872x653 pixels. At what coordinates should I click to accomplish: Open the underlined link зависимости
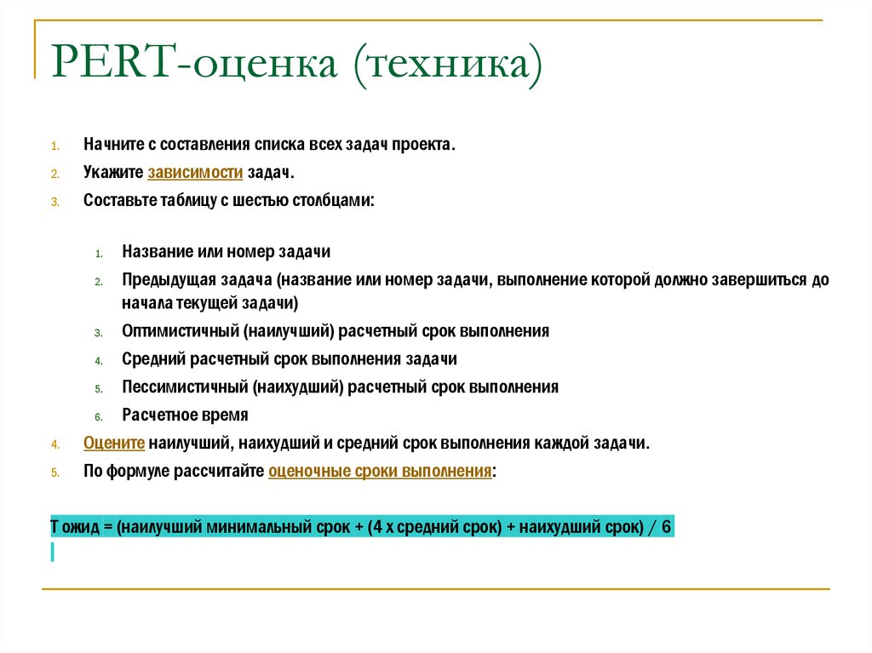195,173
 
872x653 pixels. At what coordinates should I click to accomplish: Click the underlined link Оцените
114,443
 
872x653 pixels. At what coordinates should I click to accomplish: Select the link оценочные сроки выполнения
380,471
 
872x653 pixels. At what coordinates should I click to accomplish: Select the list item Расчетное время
185,415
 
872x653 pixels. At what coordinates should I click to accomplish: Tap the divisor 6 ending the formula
666,527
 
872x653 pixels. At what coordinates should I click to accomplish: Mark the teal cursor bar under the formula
53,552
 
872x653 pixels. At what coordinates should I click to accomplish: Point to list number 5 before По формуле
54,472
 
